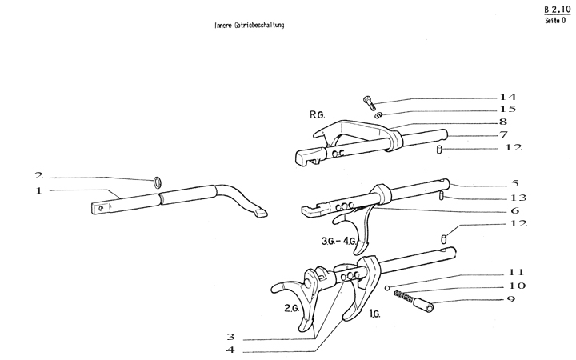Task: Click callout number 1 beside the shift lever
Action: pyautogui.click(x=38, y=190)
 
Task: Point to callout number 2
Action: pyautogui.click(x=38, y=175)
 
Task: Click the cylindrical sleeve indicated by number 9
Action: pyautogui.click(x=424, y=306)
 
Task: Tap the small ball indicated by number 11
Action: pyautogui.click(x=386, y=288)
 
